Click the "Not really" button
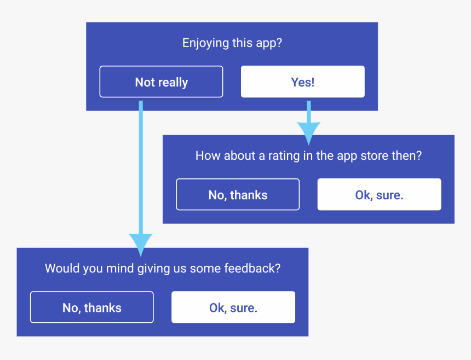point(161,82)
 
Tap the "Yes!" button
point(302,82)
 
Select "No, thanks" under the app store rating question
point(238,195)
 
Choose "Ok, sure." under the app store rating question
point(379,195)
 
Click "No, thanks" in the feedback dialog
point(91,307)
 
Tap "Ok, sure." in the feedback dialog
point(233,307)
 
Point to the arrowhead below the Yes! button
point(308,132)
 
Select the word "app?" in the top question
point(269,43)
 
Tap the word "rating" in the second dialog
point(283,156)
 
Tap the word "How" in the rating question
point(206,156)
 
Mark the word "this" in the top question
point(242,43)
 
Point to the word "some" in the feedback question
point(208,269)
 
